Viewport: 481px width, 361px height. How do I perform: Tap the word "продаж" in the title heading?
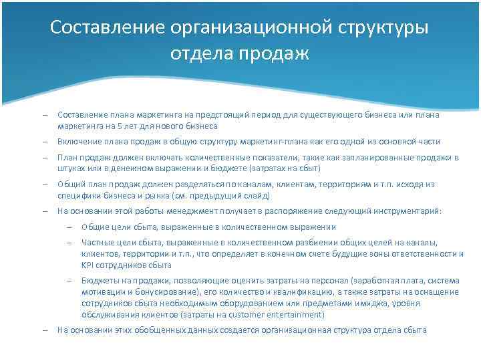[277, 53]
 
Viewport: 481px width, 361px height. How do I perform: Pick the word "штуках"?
[70, 168]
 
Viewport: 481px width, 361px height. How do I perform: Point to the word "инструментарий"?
[409, 211]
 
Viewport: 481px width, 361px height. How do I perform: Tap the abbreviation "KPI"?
[89, 265]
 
